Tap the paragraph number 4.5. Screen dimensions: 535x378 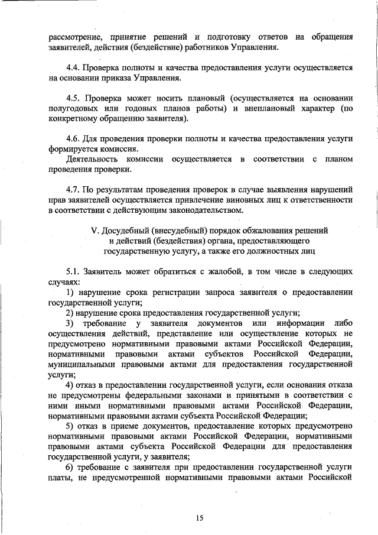coord(73,98)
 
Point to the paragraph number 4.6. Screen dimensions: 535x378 coord(73,138)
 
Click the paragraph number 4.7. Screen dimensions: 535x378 coord(73,189)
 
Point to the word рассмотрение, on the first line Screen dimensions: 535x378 coord(73,37)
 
